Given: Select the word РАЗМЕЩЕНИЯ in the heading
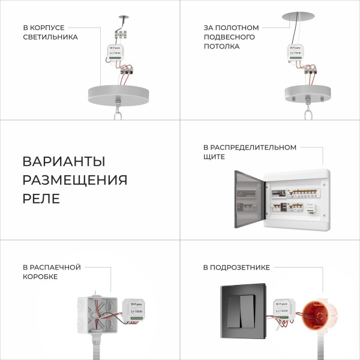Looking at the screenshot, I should pyautogui.click(x=75, y=180).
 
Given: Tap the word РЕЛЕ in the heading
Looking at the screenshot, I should pyautogui.click(x=41, y=199).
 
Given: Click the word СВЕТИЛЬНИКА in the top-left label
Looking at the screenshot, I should pyautogui.click(x=50, y=37).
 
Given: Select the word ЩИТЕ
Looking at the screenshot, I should pyautogui.click(x=214, y=157).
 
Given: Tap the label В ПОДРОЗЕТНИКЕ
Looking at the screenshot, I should pyautogui.click(x=236, y=267).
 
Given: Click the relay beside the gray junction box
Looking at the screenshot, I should pyautogui.click(x=136, y=310).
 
